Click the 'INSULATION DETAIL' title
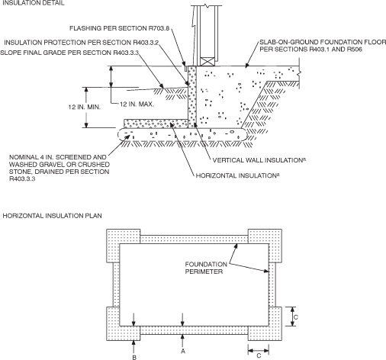[x=31, y=4]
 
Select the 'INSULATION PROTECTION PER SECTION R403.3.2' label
[x=92, y=41]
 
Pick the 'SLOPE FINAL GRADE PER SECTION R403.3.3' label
[x=84, y=54]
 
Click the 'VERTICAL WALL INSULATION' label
[x=252, y=160]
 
